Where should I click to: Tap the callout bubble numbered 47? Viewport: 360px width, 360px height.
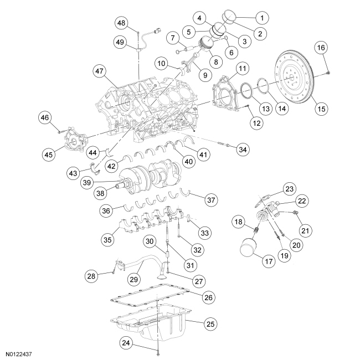point(100,71)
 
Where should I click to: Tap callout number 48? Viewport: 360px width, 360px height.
point(122,23)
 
